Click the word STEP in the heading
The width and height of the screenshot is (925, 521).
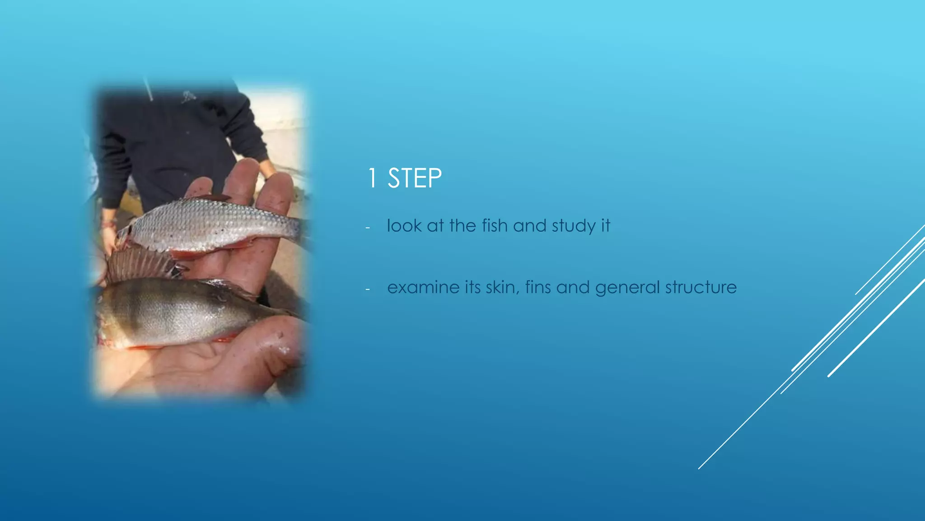pyautogui.click(x=415, y=178)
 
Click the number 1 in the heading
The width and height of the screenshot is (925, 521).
pyautogui.click(x=372, y=178)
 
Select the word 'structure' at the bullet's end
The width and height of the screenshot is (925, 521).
pyautogui.click(x=701, y=288)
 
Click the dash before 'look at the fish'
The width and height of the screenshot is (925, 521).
pyautogui.click(x=368, y=227)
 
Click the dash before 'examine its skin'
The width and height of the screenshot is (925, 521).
pyautogui.click(x=368, y=289)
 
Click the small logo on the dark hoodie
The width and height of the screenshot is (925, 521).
pyautogui.click(x=189, y=96)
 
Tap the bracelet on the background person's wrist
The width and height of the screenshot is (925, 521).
pyautogui.click(x=107, y=223)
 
